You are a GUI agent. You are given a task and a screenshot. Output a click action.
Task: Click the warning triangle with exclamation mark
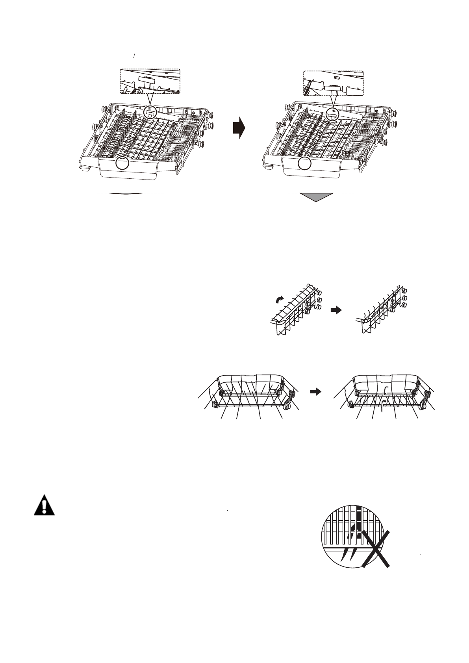point(44,505)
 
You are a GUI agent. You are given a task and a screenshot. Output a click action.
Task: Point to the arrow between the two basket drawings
point(315,391)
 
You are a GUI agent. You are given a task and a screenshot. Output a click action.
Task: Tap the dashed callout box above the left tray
point(150,81)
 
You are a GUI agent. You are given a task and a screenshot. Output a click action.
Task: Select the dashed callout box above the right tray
point(333,83)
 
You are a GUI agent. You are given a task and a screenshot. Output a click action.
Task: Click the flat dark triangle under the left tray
point(125,194)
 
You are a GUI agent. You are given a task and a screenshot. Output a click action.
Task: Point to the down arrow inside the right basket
point(386,391)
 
